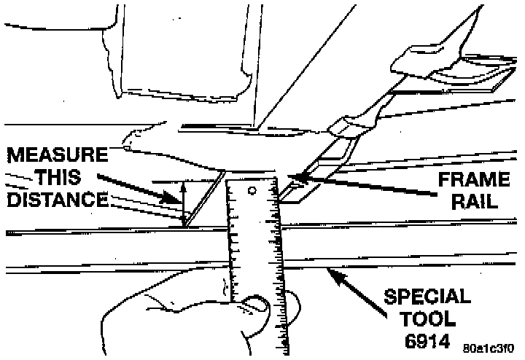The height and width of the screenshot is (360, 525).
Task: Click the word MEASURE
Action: coord(58,155)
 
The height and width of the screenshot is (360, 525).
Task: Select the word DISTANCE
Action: coord(56,199)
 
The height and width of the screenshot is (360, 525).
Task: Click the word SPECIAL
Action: coord(427,298)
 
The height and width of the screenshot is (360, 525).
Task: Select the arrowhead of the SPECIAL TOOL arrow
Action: coord(332,273)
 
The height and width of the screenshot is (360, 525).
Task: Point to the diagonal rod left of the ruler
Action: coord(203,197)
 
